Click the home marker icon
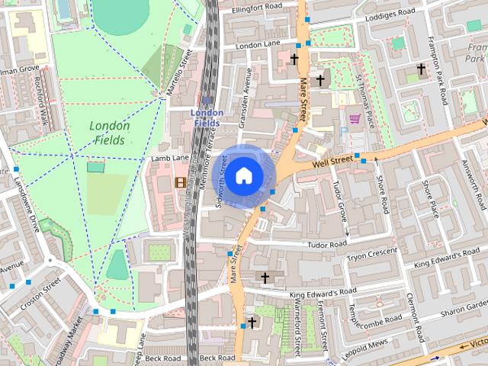243,176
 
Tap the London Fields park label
110,133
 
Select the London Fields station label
207,117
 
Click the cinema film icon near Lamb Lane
180,181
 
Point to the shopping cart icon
354,118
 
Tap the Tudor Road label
326,244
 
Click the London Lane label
259,46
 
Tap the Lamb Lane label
170,158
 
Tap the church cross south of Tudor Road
265,277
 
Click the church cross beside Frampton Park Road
419,69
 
